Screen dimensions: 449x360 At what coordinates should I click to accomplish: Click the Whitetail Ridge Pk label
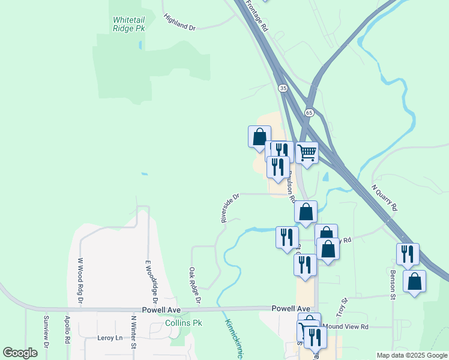click(x=129, y=23)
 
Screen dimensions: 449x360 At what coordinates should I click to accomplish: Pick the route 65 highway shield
click(x=309, y=112)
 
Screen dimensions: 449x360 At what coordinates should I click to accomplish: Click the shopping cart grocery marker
click(x=307, y=153)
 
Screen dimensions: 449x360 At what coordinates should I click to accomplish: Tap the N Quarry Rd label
click(x=384, y=198)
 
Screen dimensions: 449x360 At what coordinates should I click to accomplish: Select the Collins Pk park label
click(x=184, y=323)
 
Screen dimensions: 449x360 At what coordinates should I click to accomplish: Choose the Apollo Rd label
click(x=67, y=330)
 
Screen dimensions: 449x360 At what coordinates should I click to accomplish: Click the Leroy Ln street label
click(x=109, y=338)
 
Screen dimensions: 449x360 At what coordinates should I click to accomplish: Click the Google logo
click(x=20, y=353)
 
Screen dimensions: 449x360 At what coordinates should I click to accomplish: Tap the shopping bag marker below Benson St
click(x=414, y=281)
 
